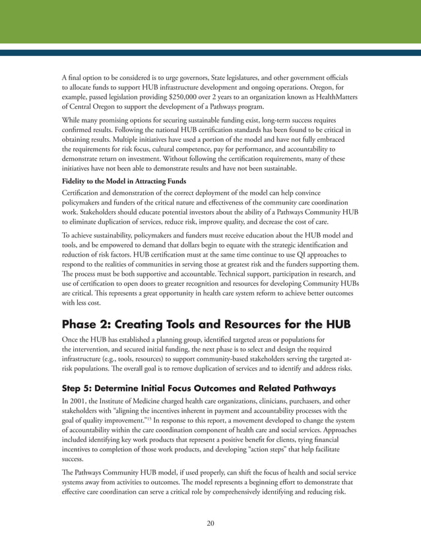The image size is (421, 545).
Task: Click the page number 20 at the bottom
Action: [210, 523]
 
